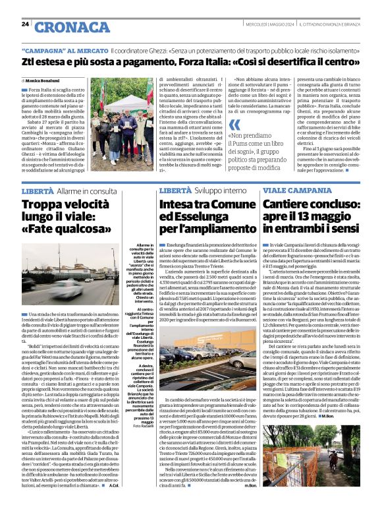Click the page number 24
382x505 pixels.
[x=25, y=24]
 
